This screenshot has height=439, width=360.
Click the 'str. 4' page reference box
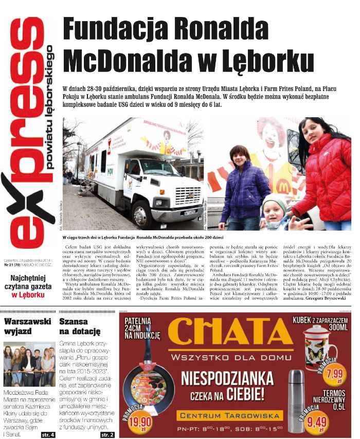point(48,434)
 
